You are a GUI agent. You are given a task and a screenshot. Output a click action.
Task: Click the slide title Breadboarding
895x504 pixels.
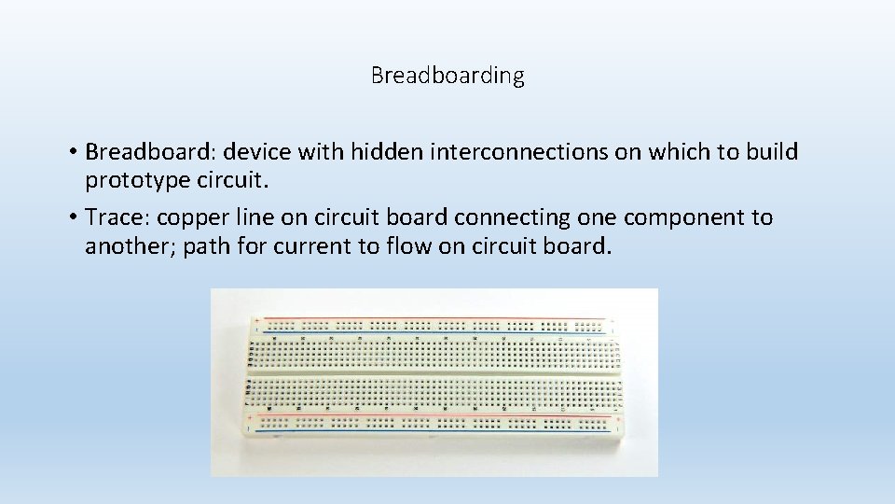(x=447, y=76)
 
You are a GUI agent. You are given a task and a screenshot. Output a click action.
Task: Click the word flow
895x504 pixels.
(x=411, y=246)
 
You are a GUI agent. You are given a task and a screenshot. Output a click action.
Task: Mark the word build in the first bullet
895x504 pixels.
(x=772, y=152)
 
